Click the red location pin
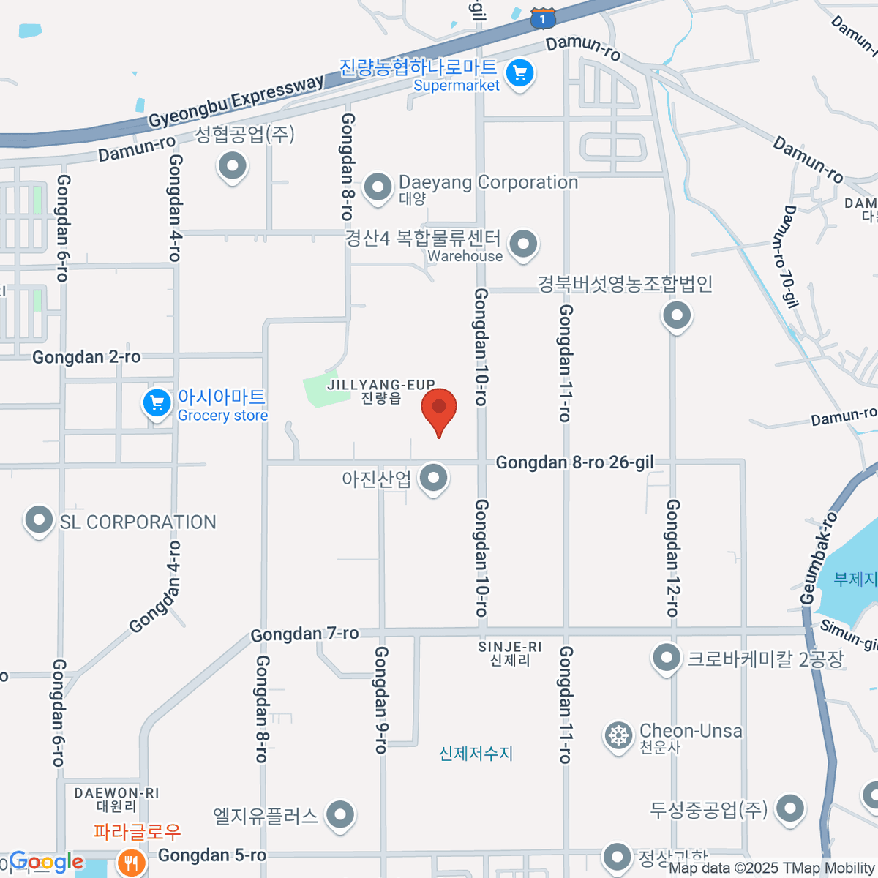(x=439, y=408)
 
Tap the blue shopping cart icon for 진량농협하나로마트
(x=520, y=73)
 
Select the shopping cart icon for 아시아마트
(x=157, y=402)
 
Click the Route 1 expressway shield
(x=542, y=18)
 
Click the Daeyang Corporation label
(x=488, y=182)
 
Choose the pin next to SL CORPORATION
(x=39, y=520)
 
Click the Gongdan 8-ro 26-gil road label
(x=574, y=462)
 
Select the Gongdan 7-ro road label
(x=304, y=634)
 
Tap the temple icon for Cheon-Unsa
(x=619, y=735)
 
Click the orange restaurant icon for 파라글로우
(x=132, y=862)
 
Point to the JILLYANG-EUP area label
(x=381, y=386)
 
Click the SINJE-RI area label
(x=510, y=648)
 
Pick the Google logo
(x=45, y=862)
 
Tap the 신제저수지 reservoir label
(x=476, y=753)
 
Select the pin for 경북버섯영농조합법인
(x=677, y=316)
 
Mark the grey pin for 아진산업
(x=434, y=478)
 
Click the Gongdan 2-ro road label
(x=86, y=357)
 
